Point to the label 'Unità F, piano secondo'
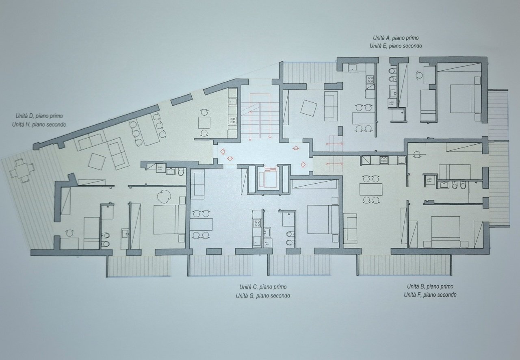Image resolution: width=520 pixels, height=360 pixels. coord(430,295)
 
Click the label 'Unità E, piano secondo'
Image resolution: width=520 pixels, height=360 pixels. coord(396,46)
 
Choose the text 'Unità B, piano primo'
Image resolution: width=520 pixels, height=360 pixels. coord(430,286)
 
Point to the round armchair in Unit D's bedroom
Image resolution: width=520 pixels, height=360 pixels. coord(165,196)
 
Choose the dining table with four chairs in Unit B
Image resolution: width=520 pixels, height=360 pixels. coord(371,189)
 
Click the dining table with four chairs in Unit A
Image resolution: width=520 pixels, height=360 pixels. coord(363,118)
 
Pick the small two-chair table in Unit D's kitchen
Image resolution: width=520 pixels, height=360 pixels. coord(204,122)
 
